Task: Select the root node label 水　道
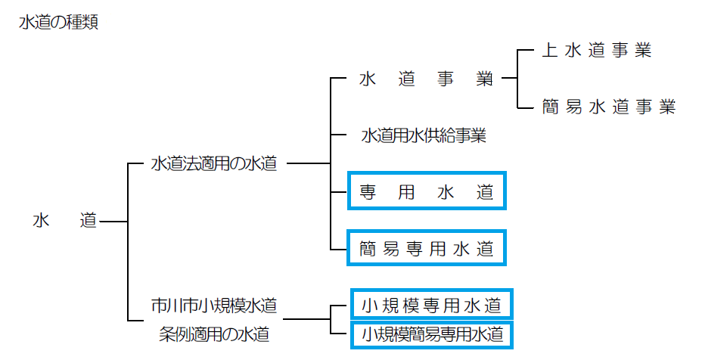65,221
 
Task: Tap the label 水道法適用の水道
214,163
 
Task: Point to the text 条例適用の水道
214,333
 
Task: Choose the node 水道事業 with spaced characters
425,79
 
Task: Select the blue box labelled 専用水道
426,192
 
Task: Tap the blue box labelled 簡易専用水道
426,247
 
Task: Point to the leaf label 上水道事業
596,51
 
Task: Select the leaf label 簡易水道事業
607,107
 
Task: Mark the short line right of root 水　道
113,222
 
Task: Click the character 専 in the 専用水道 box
368,192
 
